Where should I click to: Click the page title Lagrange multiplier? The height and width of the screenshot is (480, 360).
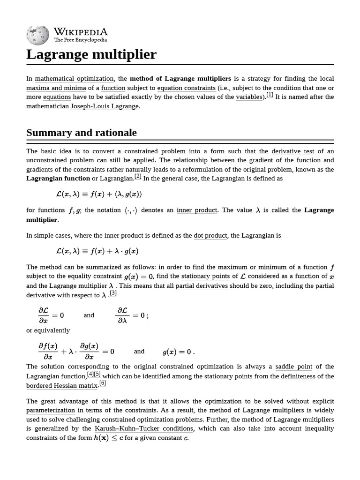[x=91, y=54]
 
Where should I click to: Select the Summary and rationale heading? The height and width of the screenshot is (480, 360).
[x=82, y=133]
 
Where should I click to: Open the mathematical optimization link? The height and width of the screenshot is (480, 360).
[x=75, y=78]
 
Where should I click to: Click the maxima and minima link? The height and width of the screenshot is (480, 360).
[x=56, y=88]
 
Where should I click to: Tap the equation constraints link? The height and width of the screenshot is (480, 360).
[x=186, y=88]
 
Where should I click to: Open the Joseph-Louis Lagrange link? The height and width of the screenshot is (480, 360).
[x=105, y=106]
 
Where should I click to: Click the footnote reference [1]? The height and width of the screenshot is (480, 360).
[x=270, y=96]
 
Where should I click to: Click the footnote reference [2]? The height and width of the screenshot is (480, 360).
[x=138, y=177]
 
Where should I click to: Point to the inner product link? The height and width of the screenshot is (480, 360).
[x=197, y=210]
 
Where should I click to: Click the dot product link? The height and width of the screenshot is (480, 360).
[x=210, y=235]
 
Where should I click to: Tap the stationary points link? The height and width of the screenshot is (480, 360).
[x=205, y=276]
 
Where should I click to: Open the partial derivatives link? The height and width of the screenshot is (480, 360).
[x=202, y=285]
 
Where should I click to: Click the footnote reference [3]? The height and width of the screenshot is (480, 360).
[x=113, y=293]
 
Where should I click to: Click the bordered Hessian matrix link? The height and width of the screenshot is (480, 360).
[x=62, y=385]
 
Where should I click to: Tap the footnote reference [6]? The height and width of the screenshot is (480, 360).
[x=103, y=383]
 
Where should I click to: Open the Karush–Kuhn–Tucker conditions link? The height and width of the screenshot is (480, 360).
[x=144, y=428]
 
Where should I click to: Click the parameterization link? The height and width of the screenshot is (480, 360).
[x=51, y=410]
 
